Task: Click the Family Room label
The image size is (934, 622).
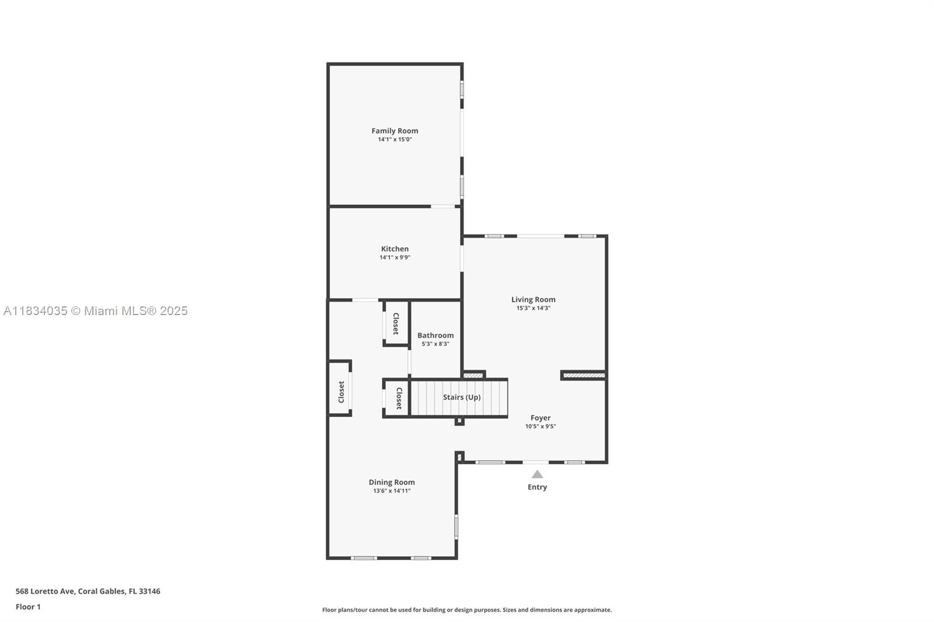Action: coord(395,131)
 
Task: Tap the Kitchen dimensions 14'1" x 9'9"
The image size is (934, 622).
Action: coord(395,257)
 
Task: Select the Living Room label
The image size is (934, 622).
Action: coord(533,299)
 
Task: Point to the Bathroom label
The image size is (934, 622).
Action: coord(435,336)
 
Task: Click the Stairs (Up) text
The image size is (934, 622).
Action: coord(461,397)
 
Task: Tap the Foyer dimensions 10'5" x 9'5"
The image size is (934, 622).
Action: coord(540,427)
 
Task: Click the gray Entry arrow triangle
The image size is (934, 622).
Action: coord(537,474)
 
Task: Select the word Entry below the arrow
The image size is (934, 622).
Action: coord(537,487)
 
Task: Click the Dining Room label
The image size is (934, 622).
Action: coord(391,482)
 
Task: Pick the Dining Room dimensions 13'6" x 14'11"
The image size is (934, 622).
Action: coord(391,491)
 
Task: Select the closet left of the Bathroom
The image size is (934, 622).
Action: coord(395,323)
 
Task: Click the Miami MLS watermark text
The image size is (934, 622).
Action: coord(96,311)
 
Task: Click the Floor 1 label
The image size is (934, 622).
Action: coord(28,607)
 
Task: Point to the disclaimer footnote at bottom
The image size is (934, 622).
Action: coord(466,610)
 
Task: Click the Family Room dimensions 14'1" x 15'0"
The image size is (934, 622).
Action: coord(395,139)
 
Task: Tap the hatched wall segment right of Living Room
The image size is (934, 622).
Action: coord(583,375)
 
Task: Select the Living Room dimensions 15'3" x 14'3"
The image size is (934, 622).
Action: coord(533,308)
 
